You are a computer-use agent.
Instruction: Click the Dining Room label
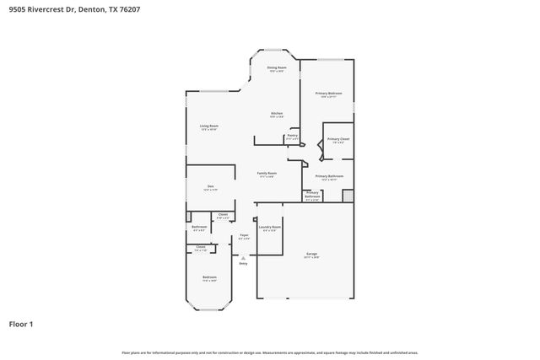pyautogui.click(x=277, y=68)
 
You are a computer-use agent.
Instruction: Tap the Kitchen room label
pyautogui.click(x=276, y=115)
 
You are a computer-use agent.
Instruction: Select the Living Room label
pyautogui.click(x=209, y=127)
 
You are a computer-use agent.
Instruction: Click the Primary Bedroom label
pyautogui.click(x=328, y=94)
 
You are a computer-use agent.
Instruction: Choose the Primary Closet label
pyautogui.click(x=338, y=140)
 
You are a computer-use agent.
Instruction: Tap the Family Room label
pyautogui.click(x=267, y=175)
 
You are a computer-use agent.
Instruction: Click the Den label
pyautogui.click(x=211, y=188)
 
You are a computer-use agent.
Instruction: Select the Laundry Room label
pyautogui.click(x=270, y=228)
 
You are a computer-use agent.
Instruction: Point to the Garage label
pyautogui.click(x=312, y=255)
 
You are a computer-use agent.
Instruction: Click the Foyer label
pyautogui.click(x=243, y=236)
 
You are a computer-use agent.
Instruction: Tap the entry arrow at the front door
pyautogui.click(x=243, y=258)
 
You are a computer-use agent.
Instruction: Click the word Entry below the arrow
pyautogui.click(x=243, y=264)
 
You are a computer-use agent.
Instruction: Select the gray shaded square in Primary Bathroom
pyautogui.click(x=348, y=196)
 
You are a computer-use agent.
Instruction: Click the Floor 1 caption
pyautogui.click(x=21, y=324)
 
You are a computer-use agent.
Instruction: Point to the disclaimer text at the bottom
pyautogui.click(x=270, y=352)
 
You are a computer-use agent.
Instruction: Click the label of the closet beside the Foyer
pyautogui.click(x=223, y=217)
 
